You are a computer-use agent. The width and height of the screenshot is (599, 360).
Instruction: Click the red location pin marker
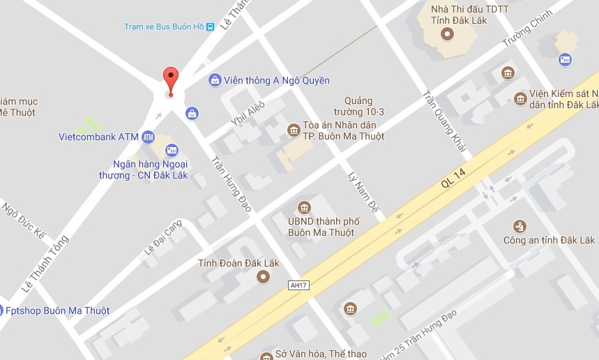[x=170, y=78]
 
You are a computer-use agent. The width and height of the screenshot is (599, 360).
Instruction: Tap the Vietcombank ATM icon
[x=148, y=137]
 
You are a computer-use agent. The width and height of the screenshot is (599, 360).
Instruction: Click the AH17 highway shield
[x=298, y=285]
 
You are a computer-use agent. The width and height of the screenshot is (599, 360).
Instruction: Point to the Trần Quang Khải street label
[x=443, y=123]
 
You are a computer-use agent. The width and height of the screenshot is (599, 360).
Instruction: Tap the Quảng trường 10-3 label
[x=364, y=106]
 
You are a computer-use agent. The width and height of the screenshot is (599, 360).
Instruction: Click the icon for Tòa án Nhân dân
[x=293, y=129]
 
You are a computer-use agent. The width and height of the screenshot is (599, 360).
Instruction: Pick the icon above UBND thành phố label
[x=304, y=207]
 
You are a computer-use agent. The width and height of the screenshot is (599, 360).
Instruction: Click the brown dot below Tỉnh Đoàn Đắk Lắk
[x=263, y=278]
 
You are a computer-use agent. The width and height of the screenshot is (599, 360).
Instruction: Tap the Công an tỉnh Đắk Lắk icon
[x=520, y=225]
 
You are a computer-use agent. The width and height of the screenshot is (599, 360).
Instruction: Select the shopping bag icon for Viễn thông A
[x=215, y=80]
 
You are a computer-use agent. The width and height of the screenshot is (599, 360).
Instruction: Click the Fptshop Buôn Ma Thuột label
[x=56, y=310]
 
